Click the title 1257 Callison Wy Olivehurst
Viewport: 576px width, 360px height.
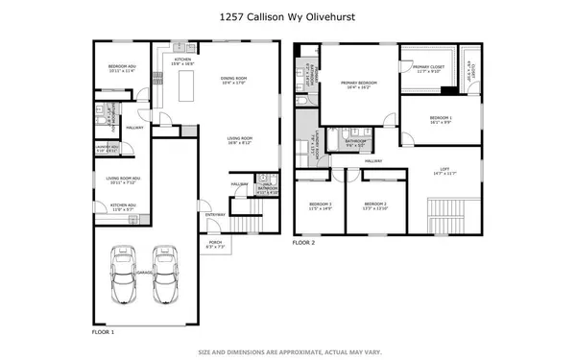click(288, 15)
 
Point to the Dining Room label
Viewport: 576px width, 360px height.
click(234, 80)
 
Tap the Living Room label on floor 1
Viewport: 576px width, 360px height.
click(239, 141)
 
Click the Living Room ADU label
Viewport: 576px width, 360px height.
click(123, 180)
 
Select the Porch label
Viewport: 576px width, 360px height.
click(216, 244)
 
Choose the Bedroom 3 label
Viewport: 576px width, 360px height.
click(320, 206)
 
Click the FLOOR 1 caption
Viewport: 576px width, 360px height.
click(103, 331)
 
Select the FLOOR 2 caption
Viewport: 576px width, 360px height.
click(304, 245)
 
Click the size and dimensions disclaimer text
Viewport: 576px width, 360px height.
click(288, 349)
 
